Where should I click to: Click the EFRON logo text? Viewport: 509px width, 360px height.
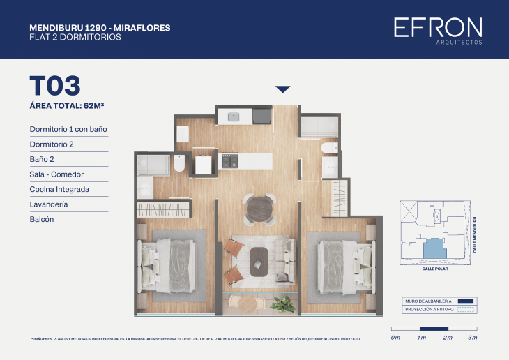tap(437, 27)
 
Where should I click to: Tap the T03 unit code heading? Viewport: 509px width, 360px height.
tap(55, 86)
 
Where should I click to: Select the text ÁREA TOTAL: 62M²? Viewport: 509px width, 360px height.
tap(72, 106)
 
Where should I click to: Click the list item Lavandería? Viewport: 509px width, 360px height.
tap(52, 204)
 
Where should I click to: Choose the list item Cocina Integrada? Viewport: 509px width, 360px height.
tap(59, 189)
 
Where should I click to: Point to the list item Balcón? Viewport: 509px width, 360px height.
tap(42, 219)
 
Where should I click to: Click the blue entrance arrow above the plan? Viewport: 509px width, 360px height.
tap(282, 89)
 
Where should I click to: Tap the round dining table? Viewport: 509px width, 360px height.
tap(260, 208)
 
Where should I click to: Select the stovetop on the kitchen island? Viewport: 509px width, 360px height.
tap(231, 162)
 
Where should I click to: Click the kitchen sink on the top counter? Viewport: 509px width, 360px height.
tap(234, 116)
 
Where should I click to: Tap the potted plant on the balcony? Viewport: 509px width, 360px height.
tap(284, 303)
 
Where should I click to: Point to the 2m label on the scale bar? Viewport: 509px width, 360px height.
tap(448, 338)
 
